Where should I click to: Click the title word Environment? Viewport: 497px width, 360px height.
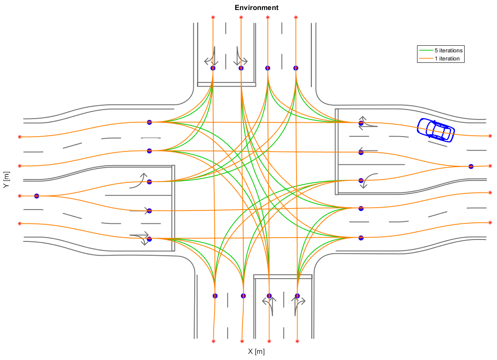coord(257,8)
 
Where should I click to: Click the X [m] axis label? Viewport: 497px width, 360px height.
coord(256,351)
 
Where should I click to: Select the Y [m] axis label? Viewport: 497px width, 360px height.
coord(6,180)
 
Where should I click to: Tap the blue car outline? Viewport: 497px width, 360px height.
coord(436,130)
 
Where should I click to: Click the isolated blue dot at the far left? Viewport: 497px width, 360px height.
coord(37,196)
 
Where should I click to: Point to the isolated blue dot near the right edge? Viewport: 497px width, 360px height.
coord(471,166)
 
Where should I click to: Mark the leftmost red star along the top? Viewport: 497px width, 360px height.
coord(213,18)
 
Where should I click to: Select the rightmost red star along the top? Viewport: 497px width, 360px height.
coord(296,18)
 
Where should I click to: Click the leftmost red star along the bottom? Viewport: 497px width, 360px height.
coord(213,341)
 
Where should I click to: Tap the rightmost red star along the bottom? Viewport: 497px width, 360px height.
coord(297,341)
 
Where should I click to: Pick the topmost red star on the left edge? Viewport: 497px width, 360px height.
coord(20,137)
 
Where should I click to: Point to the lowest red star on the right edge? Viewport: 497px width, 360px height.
coord(490,223)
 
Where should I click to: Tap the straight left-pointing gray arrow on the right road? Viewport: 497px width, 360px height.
coord(368,150)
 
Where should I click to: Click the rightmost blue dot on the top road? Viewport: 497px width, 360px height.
coord(296,68)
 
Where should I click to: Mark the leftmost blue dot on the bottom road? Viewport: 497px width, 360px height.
coord(215,296)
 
